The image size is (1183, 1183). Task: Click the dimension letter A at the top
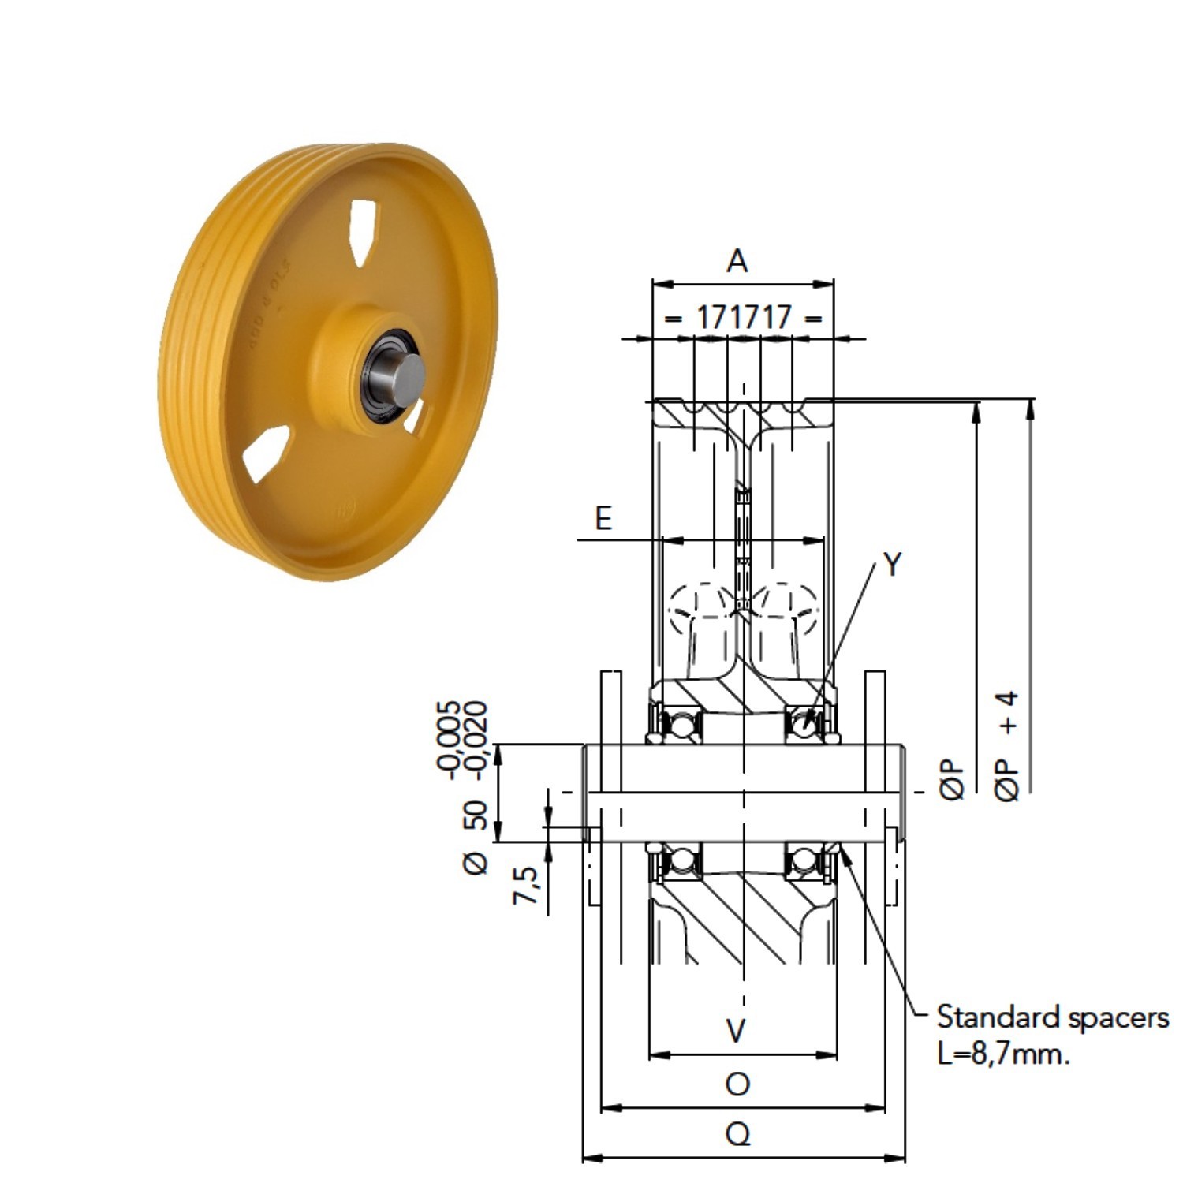[x=737, y=260]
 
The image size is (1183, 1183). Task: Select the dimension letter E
[x=603, y=519]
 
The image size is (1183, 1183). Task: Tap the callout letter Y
[x=892, y=565]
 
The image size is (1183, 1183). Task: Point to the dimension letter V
[x=736, y=1030]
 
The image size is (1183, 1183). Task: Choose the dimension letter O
[x=737, y=1084]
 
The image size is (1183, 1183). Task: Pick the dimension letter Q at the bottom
[x=737, y=1135]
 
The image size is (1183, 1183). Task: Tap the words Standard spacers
[x=1053, y=1017]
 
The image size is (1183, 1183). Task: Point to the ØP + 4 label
[x=1008, y=746]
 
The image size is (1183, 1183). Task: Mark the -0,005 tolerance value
[x=450, y=740]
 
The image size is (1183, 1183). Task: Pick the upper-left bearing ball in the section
[x=680, y=724]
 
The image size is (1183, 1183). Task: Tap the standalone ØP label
[x=953, y=781]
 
